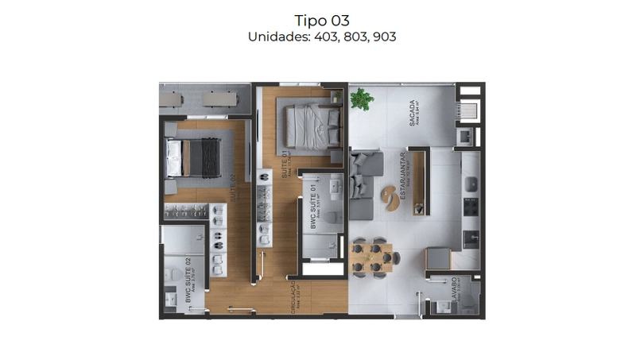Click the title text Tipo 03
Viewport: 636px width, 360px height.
click(321, 20)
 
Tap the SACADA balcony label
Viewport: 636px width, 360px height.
click(412, 112)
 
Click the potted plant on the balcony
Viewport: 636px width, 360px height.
click(362, 99)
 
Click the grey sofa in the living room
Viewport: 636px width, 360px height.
click(362, 187)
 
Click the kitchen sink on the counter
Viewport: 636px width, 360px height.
click(471, 184)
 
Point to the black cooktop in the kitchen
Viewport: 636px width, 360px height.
click(470, 238)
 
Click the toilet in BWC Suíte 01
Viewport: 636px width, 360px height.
click(334, 215)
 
